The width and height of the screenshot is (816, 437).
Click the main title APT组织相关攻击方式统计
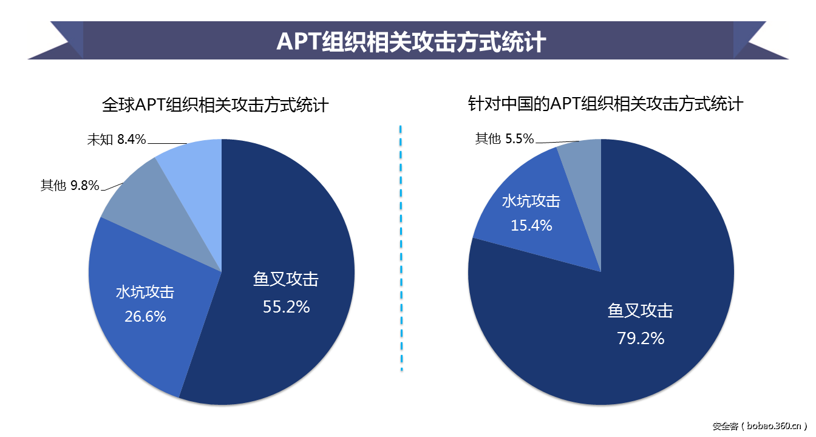410,42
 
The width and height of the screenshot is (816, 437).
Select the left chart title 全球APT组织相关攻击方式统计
216,105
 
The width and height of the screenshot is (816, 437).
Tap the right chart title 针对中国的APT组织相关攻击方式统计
605,104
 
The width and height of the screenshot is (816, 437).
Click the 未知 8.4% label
117,140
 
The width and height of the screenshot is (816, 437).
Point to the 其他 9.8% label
70,186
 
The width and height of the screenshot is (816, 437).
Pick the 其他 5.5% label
505,139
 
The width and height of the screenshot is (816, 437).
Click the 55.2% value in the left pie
286,307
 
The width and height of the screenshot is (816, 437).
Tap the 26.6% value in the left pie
145,316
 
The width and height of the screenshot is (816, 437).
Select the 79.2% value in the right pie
641,338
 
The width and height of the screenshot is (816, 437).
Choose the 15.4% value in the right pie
531,225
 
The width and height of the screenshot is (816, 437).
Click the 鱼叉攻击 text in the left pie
286,279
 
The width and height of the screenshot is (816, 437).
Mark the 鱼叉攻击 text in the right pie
641,311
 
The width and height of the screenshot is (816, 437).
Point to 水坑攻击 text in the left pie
145,292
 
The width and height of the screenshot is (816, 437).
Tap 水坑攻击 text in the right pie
531,202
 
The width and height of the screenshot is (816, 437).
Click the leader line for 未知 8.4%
167,144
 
